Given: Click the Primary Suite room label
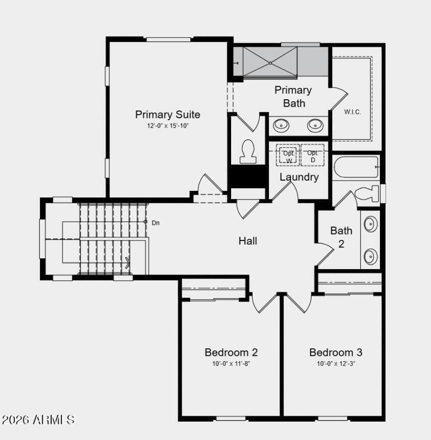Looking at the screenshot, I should point(168,114).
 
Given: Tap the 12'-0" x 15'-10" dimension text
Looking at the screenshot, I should point(168,126).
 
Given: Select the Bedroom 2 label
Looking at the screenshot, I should point(231,353).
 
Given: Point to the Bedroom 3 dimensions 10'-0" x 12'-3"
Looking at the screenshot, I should point(336,363).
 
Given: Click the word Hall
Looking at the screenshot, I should point(248,241).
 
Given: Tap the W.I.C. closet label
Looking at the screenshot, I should point(352,112).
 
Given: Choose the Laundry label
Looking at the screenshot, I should point(299,177).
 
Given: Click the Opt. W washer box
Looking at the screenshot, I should point(289,156).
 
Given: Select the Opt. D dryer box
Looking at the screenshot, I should point(312,156).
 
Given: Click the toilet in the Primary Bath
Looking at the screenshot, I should point(248,152).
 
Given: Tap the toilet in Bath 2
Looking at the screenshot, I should point(369,194).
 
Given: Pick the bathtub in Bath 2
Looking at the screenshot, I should point(356,167).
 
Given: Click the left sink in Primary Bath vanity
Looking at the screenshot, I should point(281,126).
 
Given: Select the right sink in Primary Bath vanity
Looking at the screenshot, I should point(315,126).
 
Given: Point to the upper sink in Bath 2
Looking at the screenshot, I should point(371,224).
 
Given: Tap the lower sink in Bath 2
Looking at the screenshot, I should point(371,256).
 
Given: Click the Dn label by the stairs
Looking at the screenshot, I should point(155,222).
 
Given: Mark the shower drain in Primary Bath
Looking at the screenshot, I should point(270,63).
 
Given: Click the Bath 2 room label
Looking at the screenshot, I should point(342,237).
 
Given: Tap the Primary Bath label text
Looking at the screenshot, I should point(293,97).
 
